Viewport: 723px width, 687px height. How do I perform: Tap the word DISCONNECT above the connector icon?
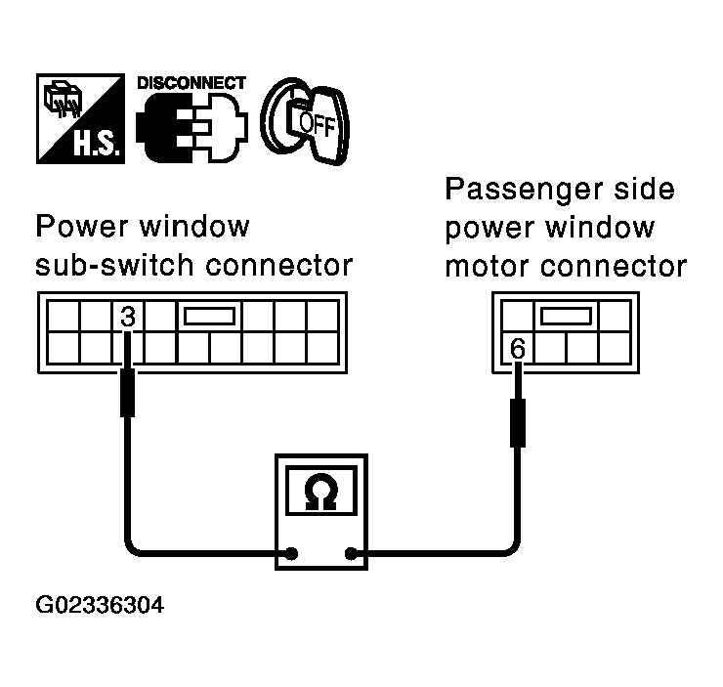191,83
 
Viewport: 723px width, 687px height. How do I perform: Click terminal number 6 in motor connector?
518,348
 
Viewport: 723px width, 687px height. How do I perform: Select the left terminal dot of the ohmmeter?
291,556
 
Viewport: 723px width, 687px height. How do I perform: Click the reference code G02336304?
100,606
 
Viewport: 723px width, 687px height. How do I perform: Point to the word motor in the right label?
484,267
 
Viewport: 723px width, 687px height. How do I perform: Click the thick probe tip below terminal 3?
127,394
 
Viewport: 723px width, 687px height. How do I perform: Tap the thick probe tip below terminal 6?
519,422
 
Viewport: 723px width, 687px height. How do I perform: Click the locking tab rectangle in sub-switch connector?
209,316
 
